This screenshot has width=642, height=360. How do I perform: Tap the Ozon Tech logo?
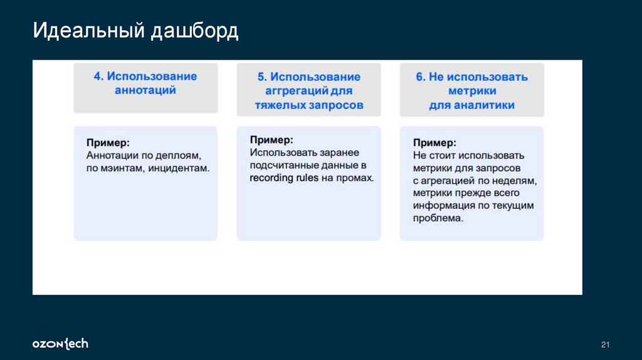point(60,344)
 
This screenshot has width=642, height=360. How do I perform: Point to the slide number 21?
point(605,345)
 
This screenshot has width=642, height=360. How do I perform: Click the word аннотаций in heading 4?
point(145,90)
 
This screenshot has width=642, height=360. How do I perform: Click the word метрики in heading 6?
point(472,92)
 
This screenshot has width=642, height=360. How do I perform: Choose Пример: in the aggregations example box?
point(271,140)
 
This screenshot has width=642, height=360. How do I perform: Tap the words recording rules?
point(284,178)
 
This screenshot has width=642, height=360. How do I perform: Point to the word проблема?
point(438,218)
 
